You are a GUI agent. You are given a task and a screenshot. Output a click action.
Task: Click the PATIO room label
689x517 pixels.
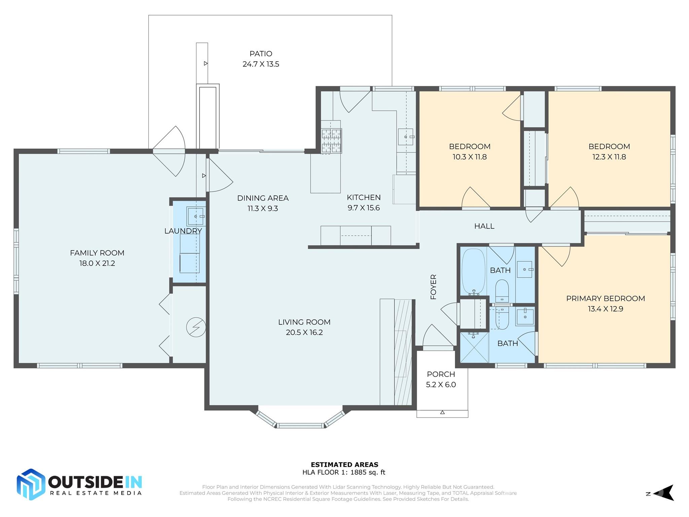(261, 54)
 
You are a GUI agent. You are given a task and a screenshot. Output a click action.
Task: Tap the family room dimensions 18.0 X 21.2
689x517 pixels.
(97, 263)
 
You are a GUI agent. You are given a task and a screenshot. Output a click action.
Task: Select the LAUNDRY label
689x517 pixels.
(183, 231)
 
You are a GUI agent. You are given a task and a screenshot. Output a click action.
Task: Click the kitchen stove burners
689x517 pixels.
(331, 141)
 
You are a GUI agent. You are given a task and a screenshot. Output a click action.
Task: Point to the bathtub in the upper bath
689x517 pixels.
(473, 271)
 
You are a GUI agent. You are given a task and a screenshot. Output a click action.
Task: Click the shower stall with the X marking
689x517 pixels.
(474, 348)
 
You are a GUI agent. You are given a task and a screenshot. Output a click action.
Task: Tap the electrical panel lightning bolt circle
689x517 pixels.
(196, 327)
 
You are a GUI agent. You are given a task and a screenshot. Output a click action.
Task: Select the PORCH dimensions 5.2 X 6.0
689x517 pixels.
(441, 385)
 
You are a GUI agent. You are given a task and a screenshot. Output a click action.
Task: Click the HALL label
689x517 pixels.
(484, 226)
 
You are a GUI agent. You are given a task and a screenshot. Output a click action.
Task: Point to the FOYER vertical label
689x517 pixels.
(433, 287)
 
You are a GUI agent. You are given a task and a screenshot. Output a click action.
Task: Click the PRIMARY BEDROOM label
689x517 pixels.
(605, 299)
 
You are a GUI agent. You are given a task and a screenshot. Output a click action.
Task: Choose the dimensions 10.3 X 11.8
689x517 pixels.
(470, 157)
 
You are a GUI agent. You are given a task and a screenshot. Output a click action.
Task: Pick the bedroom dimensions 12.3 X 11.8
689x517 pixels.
(609, 157)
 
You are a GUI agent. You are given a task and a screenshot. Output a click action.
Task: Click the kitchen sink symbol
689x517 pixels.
(406, 137)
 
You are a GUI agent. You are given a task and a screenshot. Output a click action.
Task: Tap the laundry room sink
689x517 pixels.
(195, 216)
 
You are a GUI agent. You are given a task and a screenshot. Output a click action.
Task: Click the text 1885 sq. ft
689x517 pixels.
(368, 472)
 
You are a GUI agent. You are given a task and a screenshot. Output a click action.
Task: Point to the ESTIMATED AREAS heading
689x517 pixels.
(344, 464)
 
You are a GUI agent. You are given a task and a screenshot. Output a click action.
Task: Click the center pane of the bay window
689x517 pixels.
(300, 425)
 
